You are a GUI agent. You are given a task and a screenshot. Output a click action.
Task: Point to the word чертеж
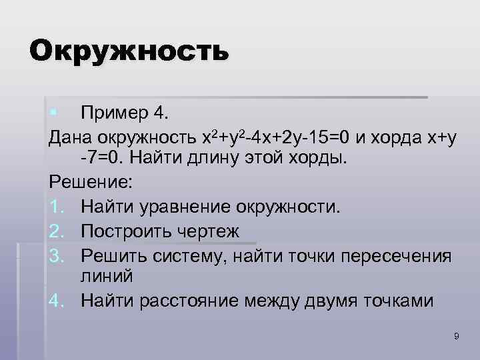[213, 229]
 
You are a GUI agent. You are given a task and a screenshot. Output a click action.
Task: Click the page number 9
[456, 337]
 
